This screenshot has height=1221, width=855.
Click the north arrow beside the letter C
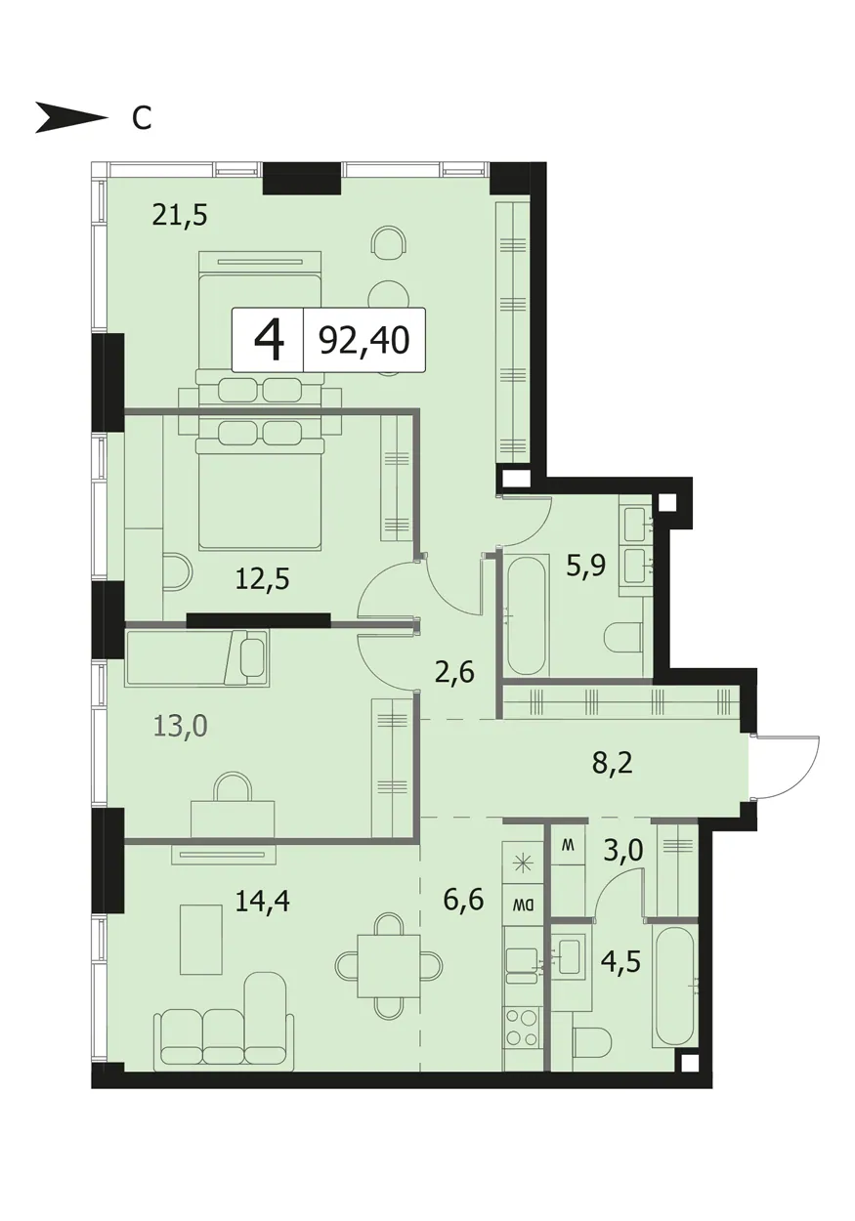(x=71, y=117)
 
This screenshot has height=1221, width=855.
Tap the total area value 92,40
(x=364, y=341)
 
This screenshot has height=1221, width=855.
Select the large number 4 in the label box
(x=269, y=341)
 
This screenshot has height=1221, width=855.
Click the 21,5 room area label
(x=181, y=216)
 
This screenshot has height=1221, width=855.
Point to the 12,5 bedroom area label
(x=262, y=579)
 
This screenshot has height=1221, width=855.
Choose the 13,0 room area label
(x=181, y=726)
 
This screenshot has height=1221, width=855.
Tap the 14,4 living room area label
(x=262, y=901)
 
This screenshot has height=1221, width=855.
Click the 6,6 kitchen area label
(x=464, y=900)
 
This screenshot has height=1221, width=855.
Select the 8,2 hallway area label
(x=613, y=764)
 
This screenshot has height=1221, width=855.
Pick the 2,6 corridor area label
(x=455, y=673)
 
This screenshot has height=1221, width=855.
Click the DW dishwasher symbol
(x=523, y=905)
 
